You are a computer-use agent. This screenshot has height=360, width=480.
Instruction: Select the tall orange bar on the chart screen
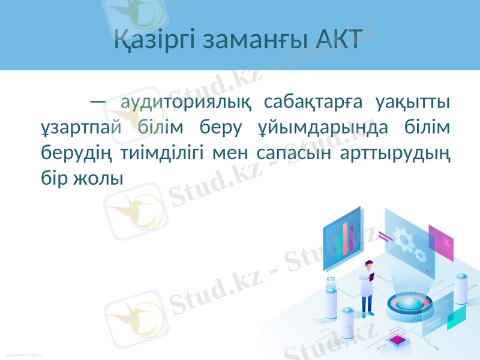click(346, 238)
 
